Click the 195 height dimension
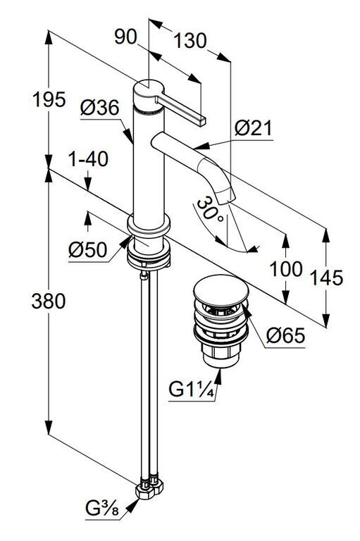(49, 100)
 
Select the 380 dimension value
(49, 301)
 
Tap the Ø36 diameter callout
(100, 108)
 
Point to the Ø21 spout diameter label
(254, 128)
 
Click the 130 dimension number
(190, 41)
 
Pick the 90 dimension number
(125, 37)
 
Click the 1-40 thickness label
(88, 159)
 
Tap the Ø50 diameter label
(87, 249)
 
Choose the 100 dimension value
(286, 269)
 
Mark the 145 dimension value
(327, 278)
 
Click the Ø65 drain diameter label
(285, 335)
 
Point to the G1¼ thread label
(192, 390)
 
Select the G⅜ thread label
(102, 508)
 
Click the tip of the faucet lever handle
(201, 121)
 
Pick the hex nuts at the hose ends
(149, 487)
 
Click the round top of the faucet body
(148, 89)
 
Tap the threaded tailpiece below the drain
(221, 356)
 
